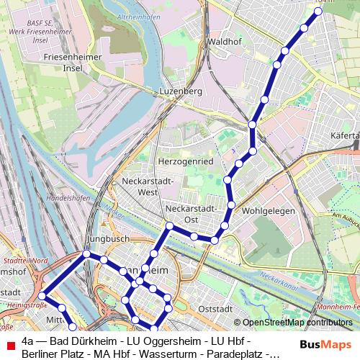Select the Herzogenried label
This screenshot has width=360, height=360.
186,162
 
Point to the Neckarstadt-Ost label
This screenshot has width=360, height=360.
192,213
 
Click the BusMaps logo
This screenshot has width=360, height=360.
326,345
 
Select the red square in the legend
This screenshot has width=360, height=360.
9,345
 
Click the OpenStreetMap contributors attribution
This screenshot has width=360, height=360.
297,323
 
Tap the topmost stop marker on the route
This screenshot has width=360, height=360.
319,11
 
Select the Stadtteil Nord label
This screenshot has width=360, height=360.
25,260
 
